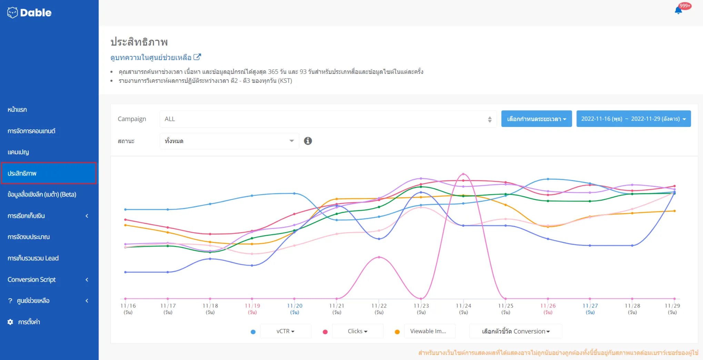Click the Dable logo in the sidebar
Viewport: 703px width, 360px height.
click(29, 13)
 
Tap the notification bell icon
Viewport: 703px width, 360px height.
click(678, 10)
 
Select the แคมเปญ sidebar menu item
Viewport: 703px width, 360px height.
click(19, 152)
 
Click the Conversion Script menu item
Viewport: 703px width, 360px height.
click(32, 280)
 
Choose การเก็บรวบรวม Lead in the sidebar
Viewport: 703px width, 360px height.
click(33, 258)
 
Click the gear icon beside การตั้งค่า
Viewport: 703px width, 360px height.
click(10, 322)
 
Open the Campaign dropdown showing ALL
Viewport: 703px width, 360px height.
click(328, 119)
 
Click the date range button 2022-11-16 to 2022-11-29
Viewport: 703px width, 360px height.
click(633, 119)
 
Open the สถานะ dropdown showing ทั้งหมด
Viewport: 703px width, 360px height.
click(229, 141)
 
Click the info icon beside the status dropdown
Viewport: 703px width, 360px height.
click(308, 141)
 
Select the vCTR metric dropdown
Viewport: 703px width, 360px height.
click(285, 331)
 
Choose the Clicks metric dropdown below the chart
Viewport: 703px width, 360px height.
click(358, 331)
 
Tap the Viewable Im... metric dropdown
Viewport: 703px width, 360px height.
click(429, 331)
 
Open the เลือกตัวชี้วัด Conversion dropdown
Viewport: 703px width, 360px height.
click(515, 331)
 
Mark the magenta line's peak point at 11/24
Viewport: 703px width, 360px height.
click(463, 174)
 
